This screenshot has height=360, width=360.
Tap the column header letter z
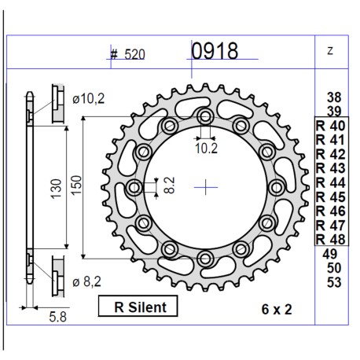pyautogui.click(x=329, y=51)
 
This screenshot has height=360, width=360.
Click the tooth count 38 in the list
pyautogui.click(x=332, y=97)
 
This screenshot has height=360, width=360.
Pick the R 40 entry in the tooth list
pyautogui.click(x=329, y=125)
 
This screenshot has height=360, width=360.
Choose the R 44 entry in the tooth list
pyautogui.click(x=329, y=182)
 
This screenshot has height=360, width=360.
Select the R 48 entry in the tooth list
pyautogui.click(x=329, y=238)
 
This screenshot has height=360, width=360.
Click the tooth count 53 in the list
pyautogui.click(x=332, y=282)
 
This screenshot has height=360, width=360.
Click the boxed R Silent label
pyautogui.click(x=137, y=307)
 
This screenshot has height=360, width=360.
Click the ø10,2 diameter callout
pyautogui.click(x=90, y=99)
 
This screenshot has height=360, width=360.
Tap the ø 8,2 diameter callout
pyautogui.click(x=89, y=280)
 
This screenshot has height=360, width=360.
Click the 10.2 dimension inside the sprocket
pyautogui.click(x=206, y=146)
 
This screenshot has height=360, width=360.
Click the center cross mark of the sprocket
pyautogui.click(x=206, y=187)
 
